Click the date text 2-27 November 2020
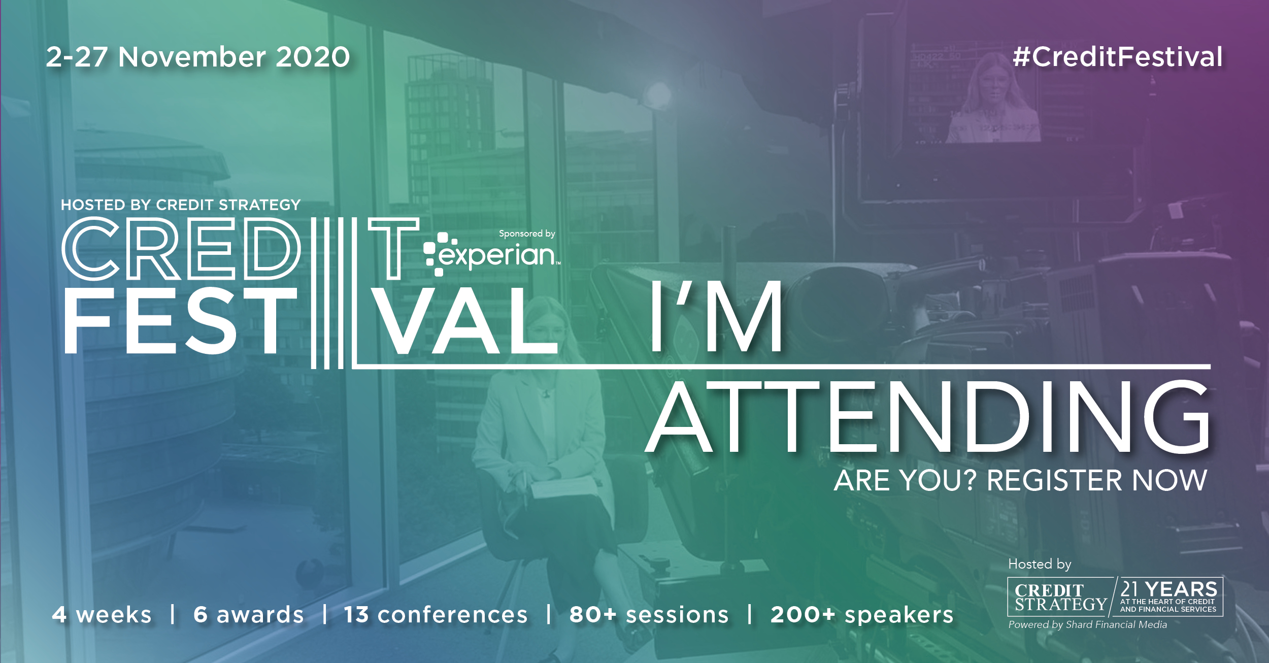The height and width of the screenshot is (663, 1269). pos(198,57)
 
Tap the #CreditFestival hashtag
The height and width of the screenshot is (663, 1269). pos(1118,57)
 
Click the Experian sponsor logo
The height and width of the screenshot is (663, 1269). pos(491,254)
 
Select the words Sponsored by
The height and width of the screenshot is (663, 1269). pos(527,234)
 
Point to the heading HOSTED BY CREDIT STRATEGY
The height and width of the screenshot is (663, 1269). pos(181,205)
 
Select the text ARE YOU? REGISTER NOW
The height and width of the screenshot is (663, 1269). pos(1020,480)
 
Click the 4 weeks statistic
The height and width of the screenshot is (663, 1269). pos(102,615)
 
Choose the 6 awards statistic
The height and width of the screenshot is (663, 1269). pos(249,615)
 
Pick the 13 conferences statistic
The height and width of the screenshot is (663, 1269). pos(436,615)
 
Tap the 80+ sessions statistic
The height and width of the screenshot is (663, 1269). pos(649,615)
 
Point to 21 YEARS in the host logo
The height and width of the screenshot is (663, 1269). pos(1168,589)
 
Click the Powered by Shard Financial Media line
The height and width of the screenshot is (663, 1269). pos(1088,625)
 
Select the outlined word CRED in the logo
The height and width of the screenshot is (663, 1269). pos(182,249)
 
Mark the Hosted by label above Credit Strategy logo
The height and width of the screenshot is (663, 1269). pos(1040,564)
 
